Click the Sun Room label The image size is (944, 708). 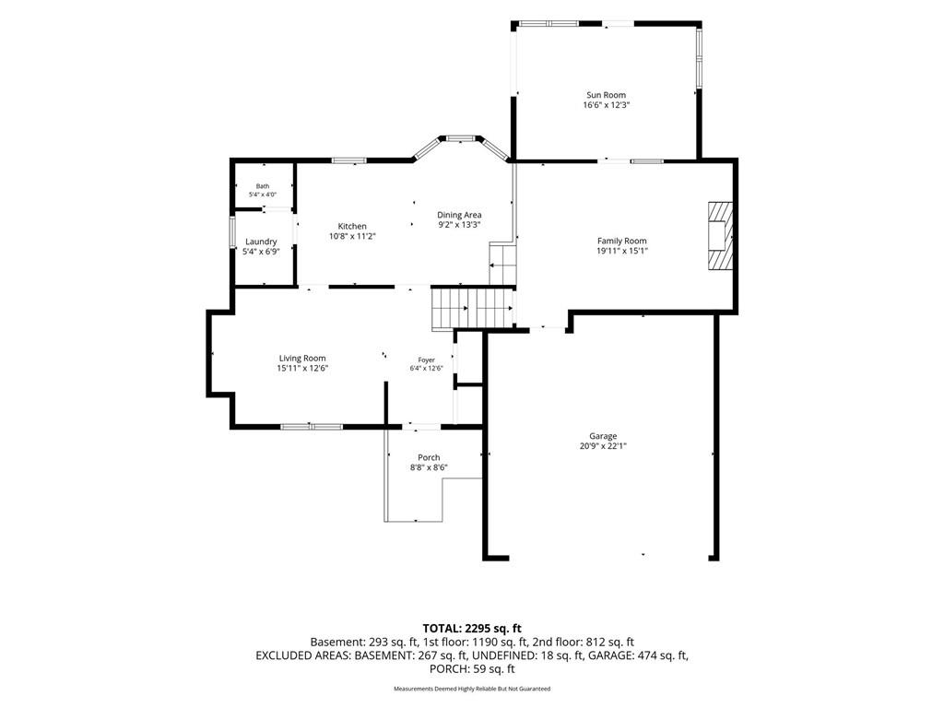click(607, 95)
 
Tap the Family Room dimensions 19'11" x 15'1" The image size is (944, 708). click(622, 251)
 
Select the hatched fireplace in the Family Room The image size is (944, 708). click(720, 235)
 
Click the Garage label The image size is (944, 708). click(603, 436)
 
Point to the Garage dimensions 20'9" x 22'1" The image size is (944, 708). click(603, 446)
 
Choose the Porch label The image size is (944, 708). click(429, 457)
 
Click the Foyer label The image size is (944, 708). click(426, 360)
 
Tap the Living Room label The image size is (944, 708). click(302, 359)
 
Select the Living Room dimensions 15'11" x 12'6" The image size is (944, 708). click(302, 368)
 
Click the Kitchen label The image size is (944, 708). click(352, 227)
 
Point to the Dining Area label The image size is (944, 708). click(459, 215)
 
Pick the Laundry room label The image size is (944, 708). click(261, 242)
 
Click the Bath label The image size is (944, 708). click(263, 186)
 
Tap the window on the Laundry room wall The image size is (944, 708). click(231, 231)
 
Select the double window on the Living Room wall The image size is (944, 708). click(312, 427)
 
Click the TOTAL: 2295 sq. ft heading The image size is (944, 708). click(472, 630)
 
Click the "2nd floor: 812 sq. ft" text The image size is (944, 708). click(584, 643)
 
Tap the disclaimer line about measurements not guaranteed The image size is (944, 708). click(472, 689)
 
